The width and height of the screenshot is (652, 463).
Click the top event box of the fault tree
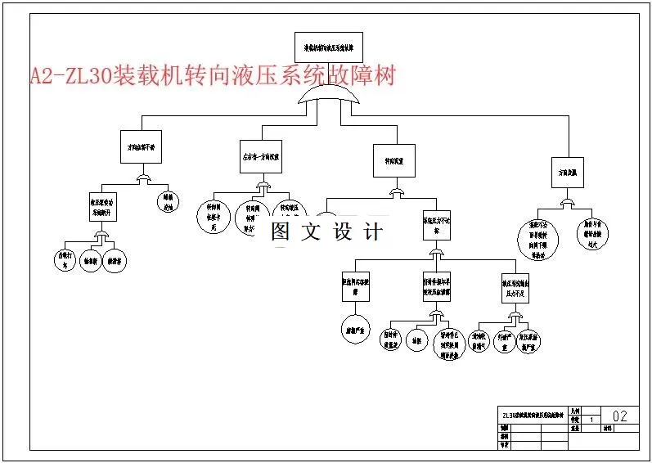[328, 47]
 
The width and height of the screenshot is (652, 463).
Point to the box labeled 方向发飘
[567, 173]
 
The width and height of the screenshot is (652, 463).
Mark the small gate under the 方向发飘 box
[566, 202]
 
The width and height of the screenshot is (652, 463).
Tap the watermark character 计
[373, 232]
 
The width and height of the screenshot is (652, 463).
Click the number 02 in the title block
[619, 416]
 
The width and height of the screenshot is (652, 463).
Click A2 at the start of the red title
[42, 76]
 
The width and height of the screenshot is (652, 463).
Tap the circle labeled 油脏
[417, 339]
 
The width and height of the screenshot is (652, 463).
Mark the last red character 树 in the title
[385, 76]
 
